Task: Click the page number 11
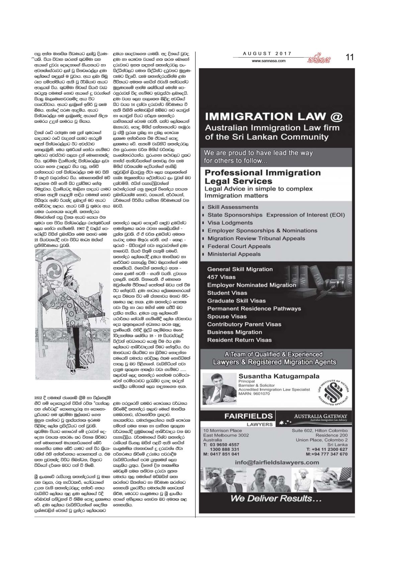click(x=349, y=57)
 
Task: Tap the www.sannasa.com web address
click(x=269, y=61)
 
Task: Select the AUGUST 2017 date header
click(x=267, y=53)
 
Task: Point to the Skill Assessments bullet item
click(x=233, y=207)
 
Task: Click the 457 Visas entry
click(x=221, y=277)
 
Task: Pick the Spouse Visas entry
click(x=227, y=316)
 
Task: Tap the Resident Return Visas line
click(x=239, y=340)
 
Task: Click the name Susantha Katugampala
click(x=279, y=376)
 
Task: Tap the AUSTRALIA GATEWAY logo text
click(x=320, y=417)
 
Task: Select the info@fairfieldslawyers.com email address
click(x=277, y=462)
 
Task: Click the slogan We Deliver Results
click(x=276, y=498)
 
